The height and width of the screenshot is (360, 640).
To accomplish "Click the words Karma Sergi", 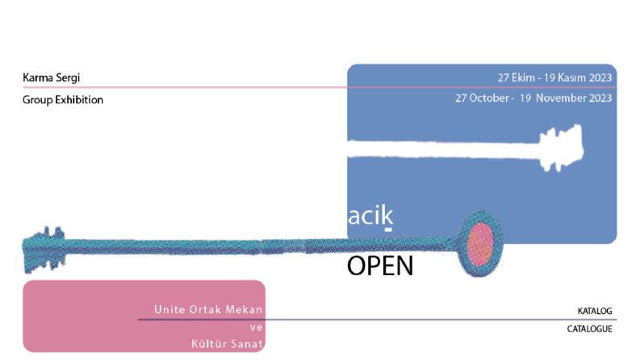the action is (51, 77).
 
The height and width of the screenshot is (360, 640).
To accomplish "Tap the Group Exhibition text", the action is (63, 100).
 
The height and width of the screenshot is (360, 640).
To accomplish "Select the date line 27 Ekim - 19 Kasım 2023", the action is (554, 77).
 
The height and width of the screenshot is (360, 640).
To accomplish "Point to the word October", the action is (489, 98).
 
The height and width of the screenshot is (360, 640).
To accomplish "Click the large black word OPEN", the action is (380, 266).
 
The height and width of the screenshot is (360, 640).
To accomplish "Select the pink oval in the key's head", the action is (479, 245).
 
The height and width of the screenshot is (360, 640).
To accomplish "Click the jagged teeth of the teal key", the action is (44, 249).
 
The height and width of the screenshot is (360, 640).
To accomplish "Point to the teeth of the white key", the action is (562, 148).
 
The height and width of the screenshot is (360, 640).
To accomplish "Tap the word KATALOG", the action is (595, 311).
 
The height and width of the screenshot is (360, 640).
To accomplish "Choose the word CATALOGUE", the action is (589, 329).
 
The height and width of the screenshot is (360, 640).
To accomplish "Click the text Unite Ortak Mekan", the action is (208, 309).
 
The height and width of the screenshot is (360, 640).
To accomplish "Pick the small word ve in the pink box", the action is (257, 328).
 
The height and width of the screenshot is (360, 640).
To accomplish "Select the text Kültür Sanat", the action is (227, 344).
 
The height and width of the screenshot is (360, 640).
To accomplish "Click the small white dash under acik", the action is (388, 230).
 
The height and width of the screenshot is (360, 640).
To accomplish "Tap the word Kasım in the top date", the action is (571, 77).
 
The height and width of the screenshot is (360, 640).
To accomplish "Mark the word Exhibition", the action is (79, 100).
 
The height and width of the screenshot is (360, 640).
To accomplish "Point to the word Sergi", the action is (67, 78).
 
